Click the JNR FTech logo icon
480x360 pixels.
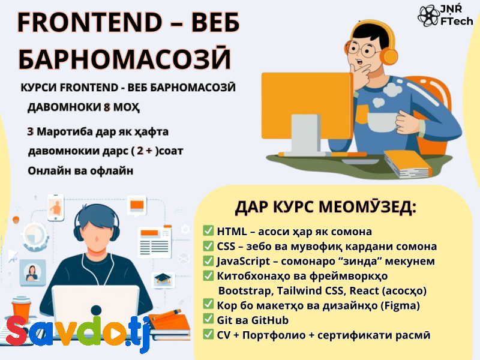coord(428,16)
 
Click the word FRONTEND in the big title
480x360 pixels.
coord(89,22)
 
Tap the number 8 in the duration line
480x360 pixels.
coord(107,107)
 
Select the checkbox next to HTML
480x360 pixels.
coord(208,230)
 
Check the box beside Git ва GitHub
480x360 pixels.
coord(208,319)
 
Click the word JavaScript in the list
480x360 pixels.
coord(244,262)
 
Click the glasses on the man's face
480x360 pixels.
coord(363,49)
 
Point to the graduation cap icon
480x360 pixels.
coord(163,278)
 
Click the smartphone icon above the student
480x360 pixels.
coord(56,207)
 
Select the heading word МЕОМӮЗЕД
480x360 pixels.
coord(368,207)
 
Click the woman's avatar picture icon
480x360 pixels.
coord(32,272)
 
